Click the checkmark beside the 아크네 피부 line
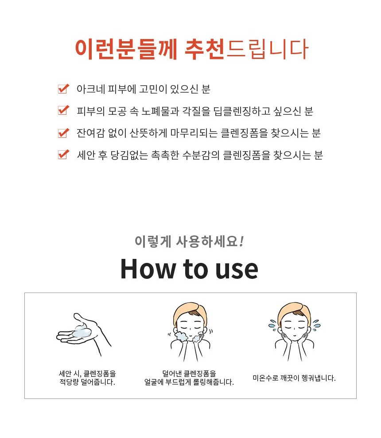63,89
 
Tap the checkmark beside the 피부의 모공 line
63,110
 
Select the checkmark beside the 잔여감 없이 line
63,133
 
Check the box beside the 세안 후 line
63,154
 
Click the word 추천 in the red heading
205,49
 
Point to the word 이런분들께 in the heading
126,49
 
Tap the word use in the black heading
237,270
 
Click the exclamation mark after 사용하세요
241,241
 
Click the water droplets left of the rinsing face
272,325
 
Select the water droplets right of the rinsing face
316,325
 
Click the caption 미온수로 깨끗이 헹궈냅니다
294,378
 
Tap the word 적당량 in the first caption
70,382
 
